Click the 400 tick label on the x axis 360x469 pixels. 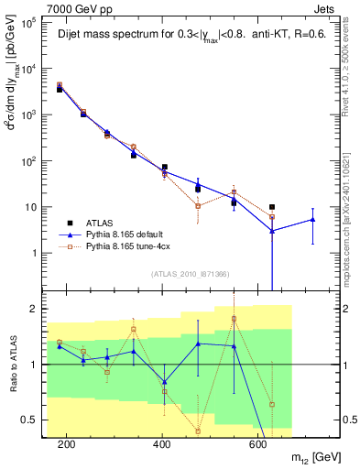pos(161,444)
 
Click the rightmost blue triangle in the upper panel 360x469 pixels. pos(312,219)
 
